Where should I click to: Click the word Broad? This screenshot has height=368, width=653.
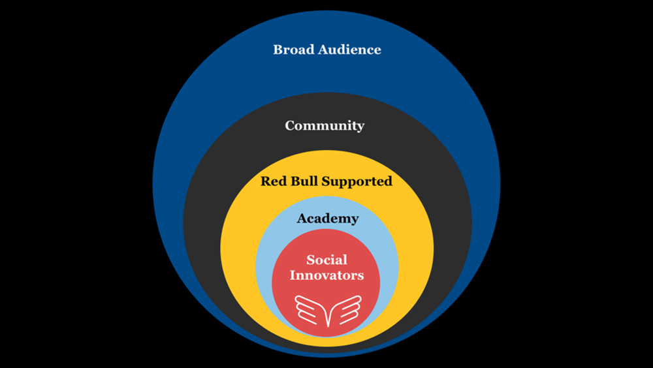pos(295,50)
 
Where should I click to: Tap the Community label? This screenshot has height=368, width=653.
pos(325,126)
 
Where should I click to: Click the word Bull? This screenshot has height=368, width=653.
pos(304,181)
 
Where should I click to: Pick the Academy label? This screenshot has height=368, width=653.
pos(327,219)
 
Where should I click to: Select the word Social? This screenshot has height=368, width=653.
pos(326,260)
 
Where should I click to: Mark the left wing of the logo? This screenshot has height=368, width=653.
pos(311,309)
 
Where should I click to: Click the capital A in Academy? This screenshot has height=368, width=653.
pos(302,219)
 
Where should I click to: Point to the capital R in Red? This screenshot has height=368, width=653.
pos(265,181)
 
